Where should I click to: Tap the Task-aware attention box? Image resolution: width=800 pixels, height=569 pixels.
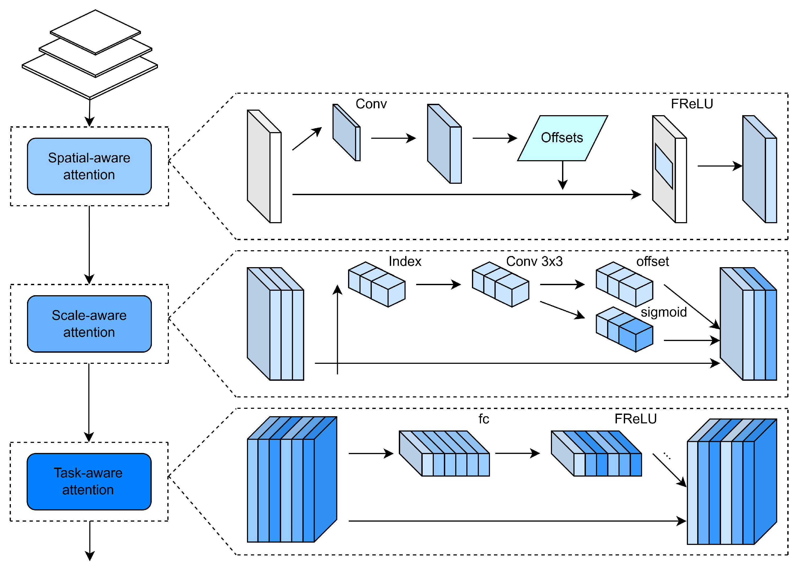tap(89, 481)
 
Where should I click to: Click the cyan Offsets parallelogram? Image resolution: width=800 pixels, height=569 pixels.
tap(562, 138)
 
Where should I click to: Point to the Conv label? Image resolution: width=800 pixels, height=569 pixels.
tap(371, 104)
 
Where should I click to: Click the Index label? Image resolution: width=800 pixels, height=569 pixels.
tap(405, 261)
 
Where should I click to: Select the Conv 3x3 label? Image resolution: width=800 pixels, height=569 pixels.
tap(534, 261)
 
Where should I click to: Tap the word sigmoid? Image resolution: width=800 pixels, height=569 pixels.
tap(663, 312)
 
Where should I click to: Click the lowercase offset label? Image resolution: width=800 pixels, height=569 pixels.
tap(652, 261)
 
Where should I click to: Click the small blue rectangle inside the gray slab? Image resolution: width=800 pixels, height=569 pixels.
tap(664, 166)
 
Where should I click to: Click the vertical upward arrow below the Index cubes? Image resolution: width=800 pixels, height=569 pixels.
tap(337, 329)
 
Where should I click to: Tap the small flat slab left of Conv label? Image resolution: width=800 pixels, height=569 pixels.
tap(346, 132)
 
